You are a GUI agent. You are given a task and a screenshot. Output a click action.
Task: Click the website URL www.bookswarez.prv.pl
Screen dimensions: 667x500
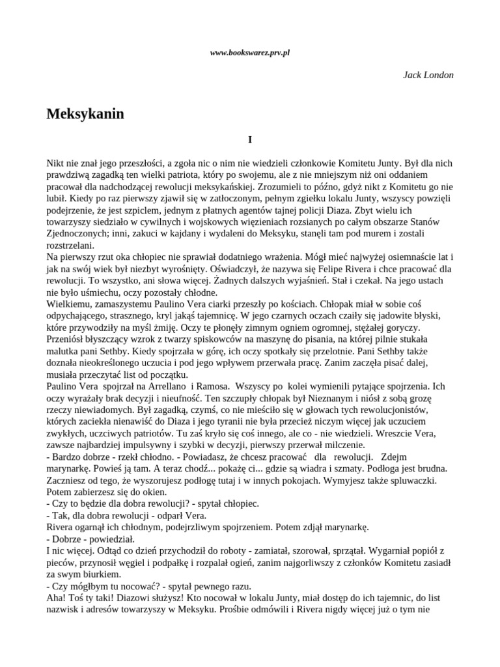click(250, 52)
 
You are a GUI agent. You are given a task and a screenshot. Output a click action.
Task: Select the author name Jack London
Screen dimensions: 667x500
click(428, 75)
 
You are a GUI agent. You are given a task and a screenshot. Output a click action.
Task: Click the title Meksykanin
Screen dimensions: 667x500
click(85, 114)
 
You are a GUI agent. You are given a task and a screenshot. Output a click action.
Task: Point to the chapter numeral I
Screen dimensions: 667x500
click(250, 139)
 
